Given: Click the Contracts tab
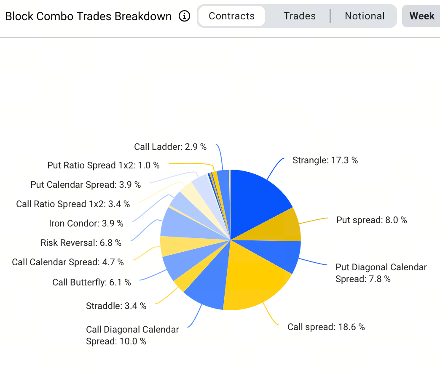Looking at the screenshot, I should (x=231, y=16).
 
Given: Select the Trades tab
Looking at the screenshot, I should (x=299, y=16).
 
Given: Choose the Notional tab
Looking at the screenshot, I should (x=365, y=16).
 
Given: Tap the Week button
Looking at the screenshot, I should (x=421, y=16).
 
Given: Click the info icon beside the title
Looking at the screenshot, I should (x=184, y=16).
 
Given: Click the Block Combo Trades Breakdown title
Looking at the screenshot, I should (x=89, y=16).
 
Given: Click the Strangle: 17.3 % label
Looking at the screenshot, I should (x=325, y=160).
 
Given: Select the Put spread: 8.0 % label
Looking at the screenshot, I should (x=371, y=220).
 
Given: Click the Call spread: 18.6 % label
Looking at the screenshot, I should (x=326, y=327).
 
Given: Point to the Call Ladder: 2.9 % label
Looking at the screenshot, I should (x=170, y=147).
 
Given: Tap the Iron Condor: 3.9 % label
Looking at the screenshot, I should (x=86, y=224).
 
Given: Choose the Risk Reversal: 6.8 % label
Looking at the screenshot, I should (x=81, y=243).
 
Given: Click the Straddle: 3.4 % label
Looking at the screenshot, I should (x=116, y=306).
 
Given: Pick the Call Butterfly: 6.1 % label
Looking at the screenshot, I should (x=91, y=282).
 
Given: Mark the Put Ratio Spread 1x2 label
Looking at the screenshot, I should (x=103, y=165).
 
